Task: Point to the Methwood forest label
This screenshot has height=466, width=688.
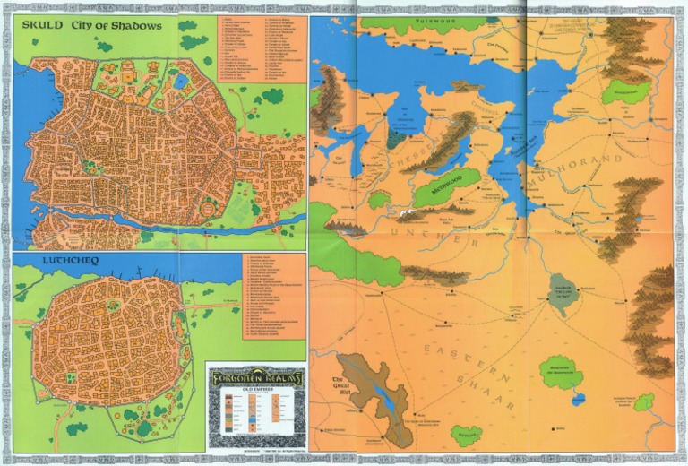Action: click(x=445, y=189)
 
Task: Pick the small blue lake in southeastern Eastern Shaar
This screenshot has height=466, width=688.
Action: click(x=578, y=400)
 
